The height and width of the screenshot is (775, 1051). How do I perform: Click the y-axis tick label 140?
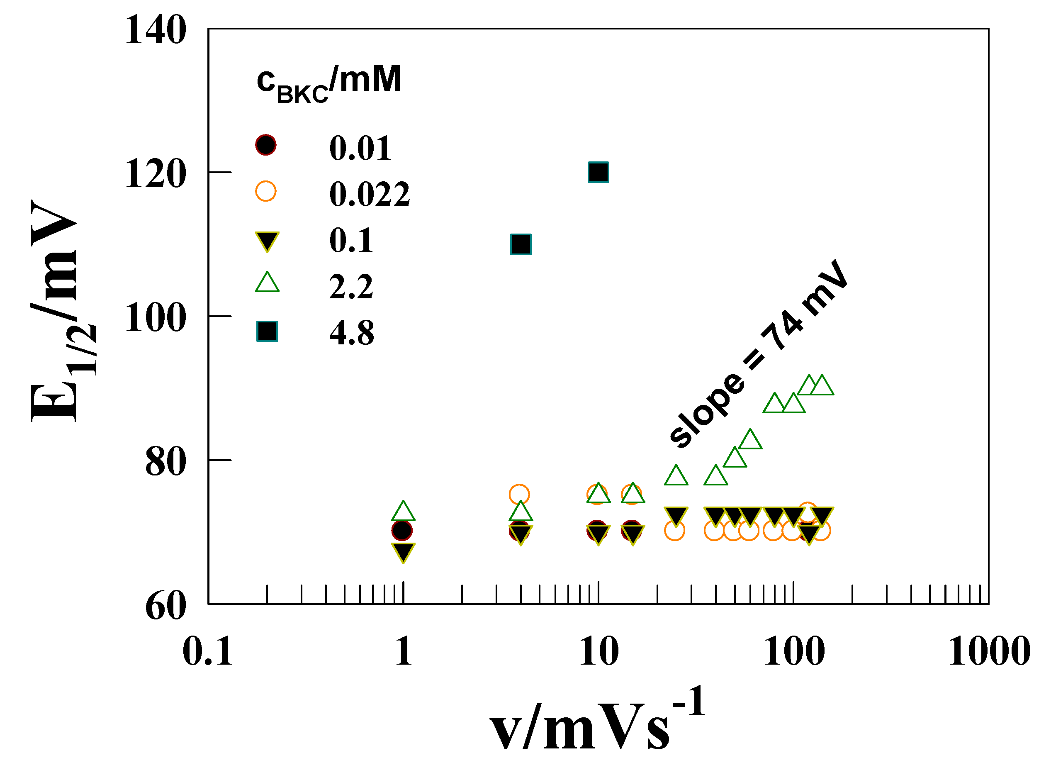tap(155, 30)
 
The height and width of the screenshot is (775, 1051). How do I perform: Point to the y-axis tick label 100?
tap(155, 318)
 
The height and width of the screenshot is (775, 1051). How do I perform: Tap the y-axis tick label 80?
tap(165, 462)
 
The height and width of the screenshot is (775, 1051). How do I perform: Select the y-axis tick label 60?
tap(165, 606)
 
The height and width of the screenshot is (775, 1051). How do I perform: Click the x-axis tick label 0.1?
tap(208, 652)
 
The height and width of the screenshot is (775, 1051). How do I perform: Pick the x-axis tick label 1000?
tap(989, 652)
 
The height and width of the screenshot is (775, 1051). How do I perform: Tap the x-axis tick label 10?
tap(598, 652)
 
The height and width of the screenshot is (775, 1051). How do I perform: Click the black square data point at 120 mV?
tap(598, 172)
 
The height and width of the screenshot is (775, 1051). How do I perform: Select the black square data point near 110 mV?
tap(521, 244)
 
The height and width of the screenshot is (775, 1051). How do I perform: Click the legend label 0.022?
tap(369, 194)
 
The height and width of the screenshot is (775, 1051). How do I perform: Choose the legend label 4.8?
tap(352, 333)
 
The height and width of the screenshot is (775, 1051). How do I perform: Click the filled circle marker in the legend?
tap(265, 145)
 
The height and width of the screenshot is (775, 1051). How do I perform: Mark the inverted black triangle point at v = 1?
tap(403, 553)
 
